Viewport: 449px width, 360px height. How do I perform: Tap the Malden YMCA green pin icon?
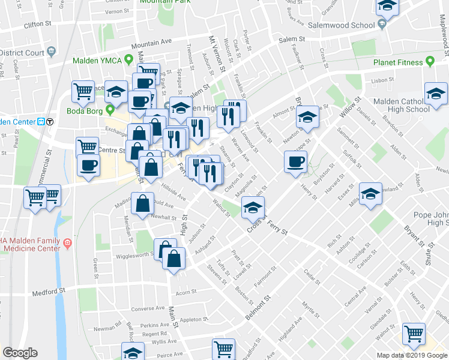tap(127, 61)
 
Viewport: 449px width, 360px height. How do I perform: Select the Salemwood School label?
tap(341, 26)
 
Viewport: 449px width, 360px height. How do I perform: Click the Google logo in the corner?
tap(20, 353)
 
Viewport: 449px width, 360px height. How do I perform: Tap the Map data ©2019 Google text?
tap(412, 355)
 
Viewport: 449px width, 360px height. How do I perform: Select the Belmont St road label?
tap(261, 307)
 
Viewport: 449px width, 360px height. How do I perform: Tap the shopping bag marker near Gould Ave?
tap(143, 204)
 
